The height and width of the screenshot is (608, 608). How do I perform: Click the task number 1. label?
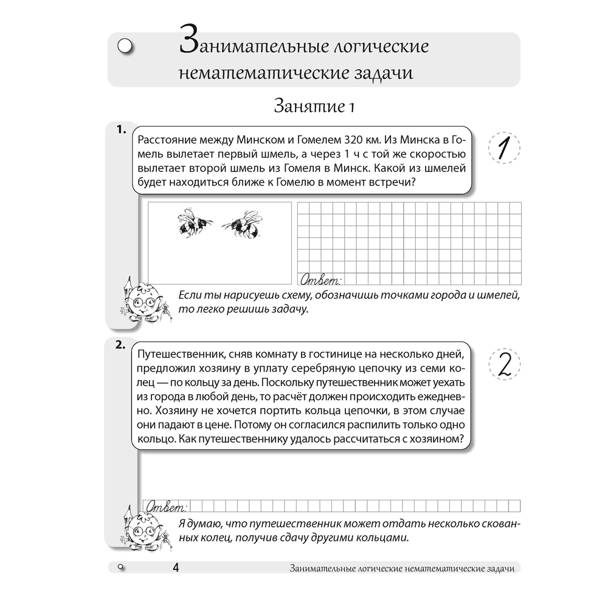(x=120, y=130)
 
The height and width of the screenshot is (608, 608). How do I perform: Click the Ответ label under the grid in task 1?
(x=320, y=280)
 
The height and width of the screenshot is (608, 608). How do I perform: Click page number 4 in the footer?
(x=175, y=568)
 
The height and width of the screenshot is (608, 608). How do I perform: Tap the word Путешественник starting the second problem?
(x=176, y=354)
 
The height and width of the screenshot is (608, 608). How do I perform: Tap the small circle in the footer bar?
(x=120, y=567)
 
